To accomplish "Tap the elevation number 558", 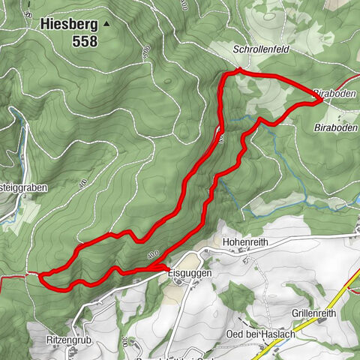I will coord(85,42).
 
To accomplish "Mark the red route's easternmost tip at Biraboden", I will coord(321,98).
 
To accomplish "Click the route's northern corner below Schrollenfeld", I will coord(237,70).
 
